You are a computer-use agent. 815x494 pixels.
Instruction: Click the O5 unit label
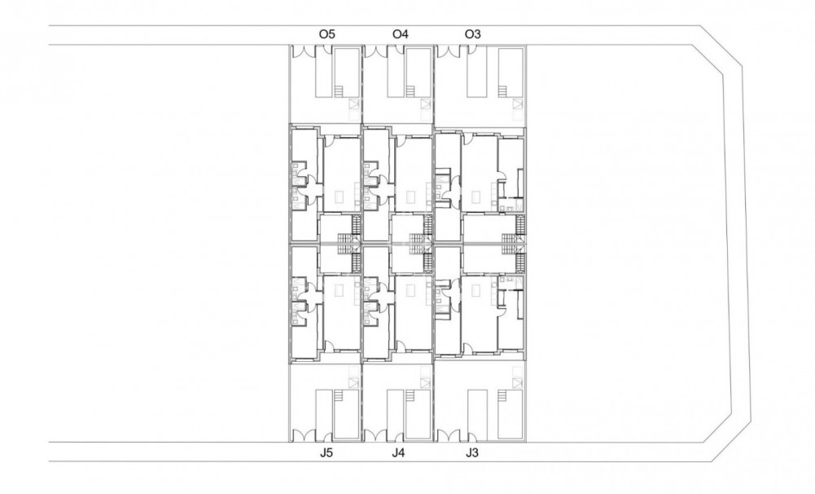click(327, 33)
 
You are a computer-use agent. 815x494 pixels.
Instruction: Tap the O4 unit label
click(400, 33)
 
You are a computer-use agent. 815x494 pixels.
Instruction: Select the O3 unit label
click(472, 33)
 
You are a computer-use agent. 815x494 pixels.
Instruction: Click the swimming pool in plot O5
click(345, 69)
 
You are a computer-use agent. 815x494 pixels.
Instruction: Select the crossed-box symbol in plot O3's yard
click(515, 103)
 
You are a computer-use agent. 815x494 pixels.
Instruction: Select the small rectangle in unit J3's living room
click(475, 289)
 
